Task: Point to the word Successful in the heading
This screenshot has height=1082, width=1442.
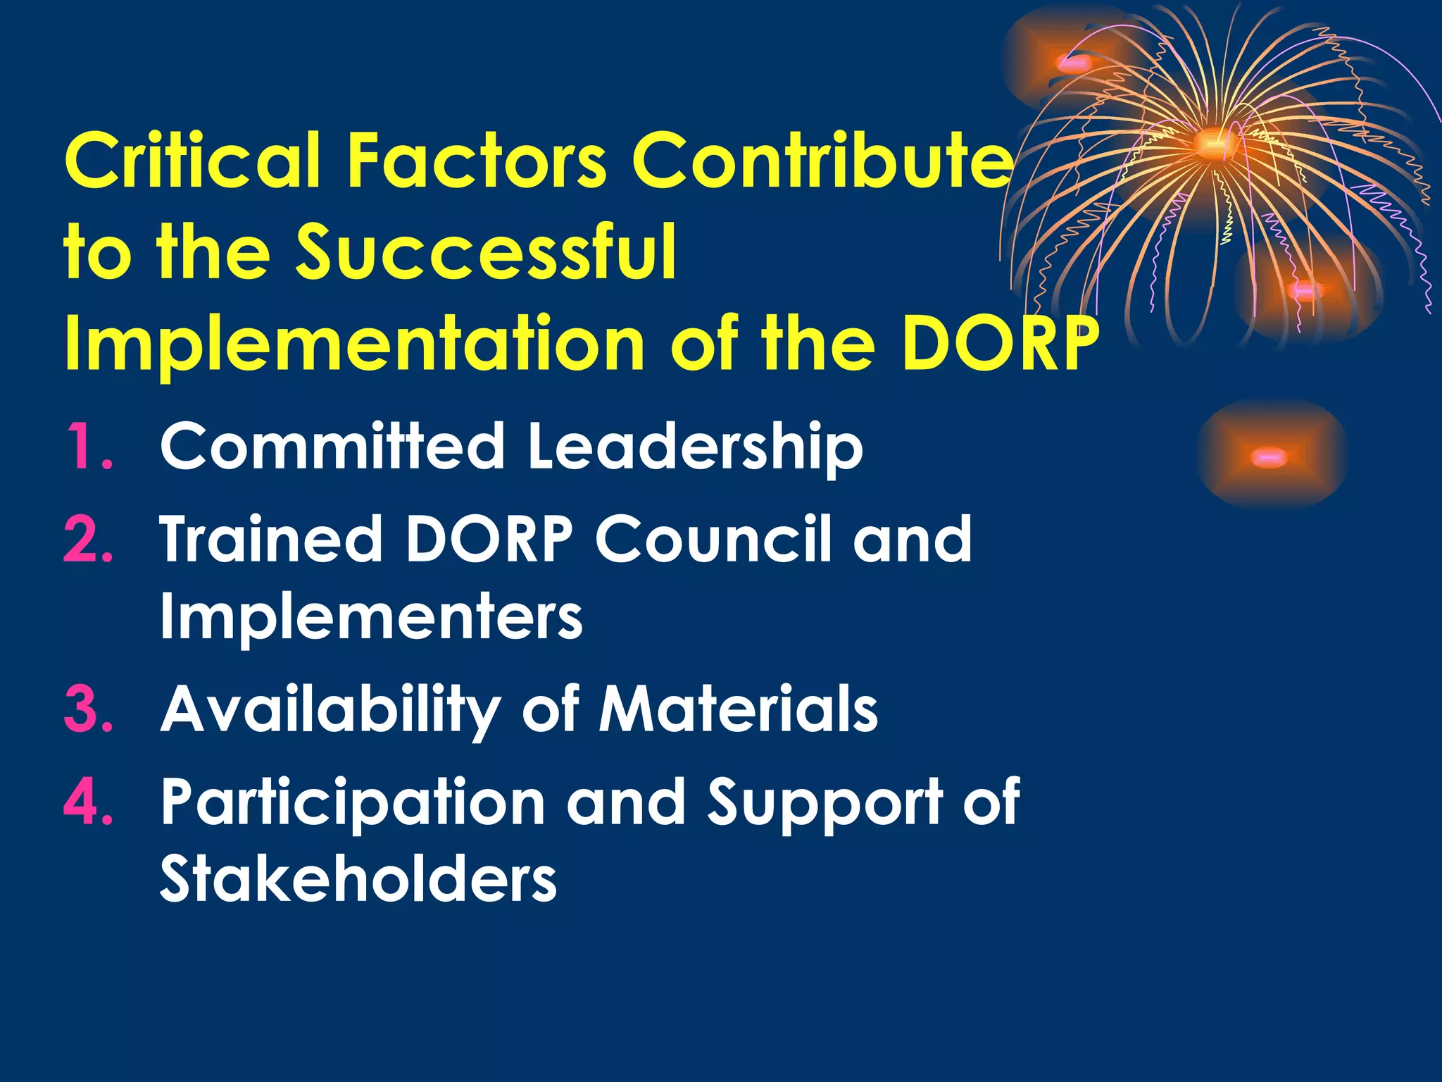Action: pyautogui.click(x=486, y=251)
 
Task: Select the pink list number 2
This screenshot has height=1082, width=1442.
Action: pyautogui.click(x=88, y=539)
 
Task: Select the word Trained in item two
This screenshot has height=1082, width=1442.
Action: pyautogui.click(x=271, y=539)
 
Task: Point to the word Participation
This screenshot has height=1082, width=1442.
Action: pyautogui.click(x=352, y=803)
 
